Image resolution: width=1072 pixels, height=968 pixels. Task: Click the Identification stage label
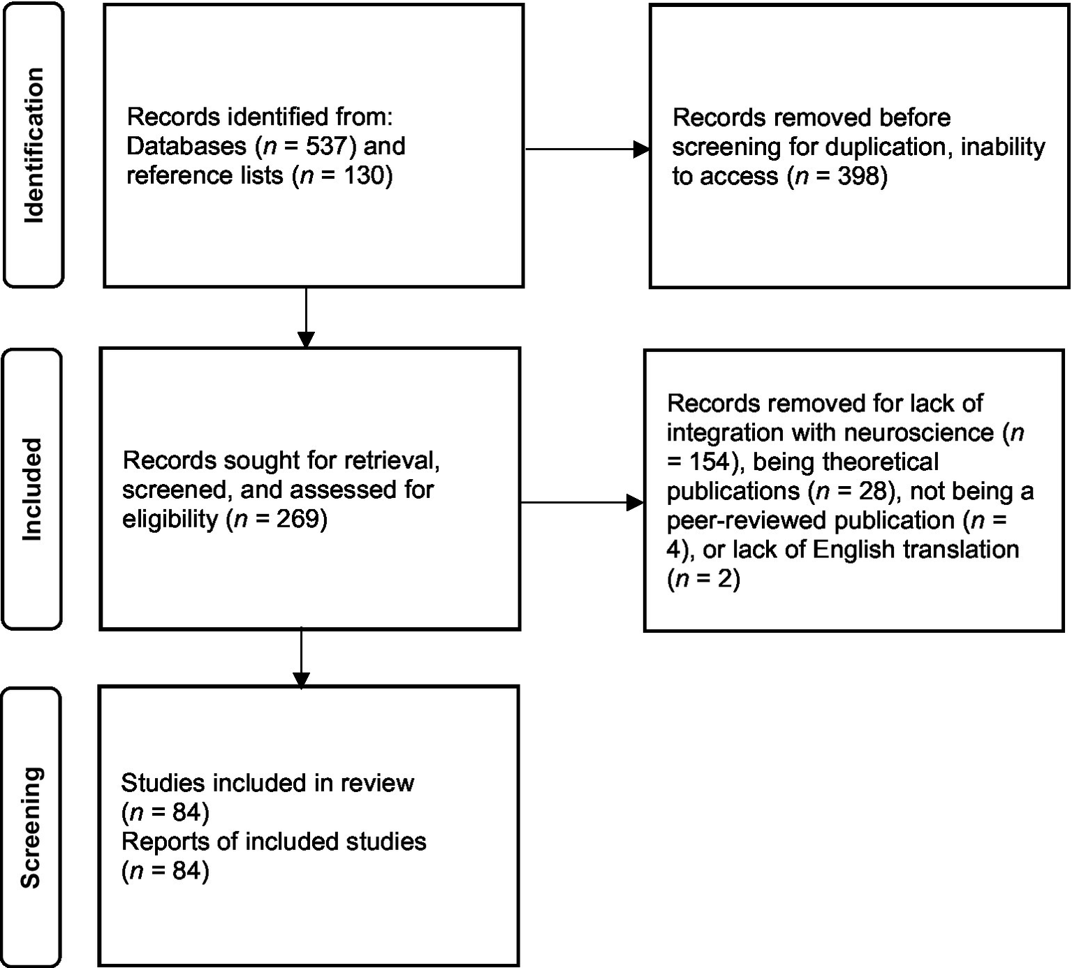(34, 145)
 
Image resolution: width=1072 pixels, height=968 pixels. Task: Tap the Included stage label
(32, 489)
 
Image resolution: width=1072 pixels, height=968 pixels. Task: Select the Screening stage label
(31, 827)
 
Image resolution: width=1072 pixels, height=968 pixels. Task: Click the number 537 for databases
(327, 146)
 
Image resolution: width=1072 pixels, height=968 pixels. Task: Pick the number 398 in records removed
(858, 176)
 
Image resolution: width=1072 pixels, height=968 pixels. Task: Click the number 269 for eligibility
(298, 519)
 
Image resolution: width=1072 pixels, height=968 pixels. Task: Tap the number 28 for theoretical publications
(872, 491)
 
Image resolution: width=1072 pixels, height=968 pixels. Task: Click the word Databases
(186, 146)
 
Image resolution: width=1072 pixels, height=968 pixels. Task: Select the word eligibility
(170, 519)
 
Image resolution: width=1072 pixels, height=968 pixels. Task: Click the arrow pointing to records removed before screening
(587, 149)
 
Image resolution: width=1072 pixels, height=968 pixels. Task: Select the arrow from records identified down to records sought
(306, 318)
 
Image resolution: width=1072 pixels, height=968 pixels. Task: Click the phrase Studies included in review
(267, 783)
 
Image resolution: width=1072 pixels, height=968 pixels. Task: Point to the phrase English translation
(916, 550)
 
